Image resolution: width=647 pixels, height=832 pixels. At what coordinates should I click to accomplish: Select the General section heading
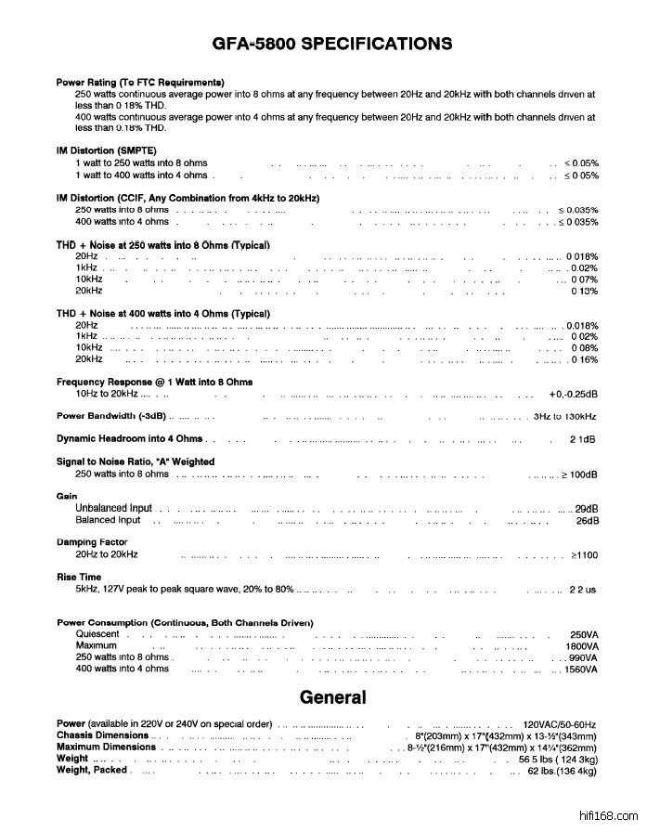click(332, 697)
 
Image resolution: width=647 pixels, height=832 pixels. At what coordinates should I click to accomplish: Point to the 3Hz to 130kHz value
click(565, 416)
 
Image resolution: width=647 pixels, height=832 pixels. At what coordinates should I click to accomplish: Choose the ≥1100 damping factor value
click(584, 554)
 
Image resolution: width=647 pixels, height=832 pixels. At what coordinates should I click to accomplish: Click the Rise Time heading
click(79, 577)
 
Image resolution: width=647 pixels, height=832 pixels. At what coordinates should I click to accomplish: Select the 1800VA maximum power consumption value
click(582, 645)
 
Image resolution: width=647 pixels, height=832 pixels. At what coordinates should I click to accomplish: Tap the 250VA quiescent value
click(585, 634)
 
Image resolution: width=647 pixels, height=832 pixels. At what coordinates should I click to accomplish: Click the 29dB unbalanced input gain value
click(587, 509)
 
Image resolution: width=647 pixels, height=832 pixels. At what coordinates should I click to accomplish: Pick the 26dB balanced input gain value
click(587, 521)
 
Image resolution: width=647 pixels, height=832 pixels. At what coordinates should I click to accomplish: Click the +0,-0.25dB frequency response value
click(573, 394)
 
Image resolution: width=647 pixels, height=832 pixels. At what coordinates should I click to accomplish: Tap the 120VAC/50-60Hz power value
click(560, 724)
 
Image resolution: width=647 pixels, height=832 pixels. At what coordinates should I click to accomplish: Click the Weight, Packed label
click(92, 770)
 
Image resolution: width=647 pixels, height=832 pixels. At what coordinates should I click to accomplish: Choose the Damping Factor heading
click(92, 541)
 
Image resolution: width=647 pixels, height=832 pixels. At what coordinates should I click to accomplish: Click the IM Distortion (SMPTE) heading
click(107, 150)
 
